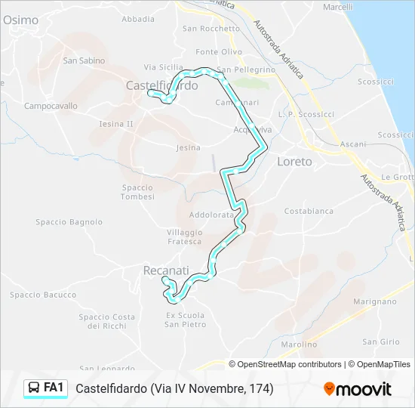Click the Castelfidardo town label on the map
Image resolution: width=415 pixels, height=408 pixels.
click(162, 85)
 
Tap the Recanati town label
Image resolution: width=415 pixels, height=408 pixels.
click(166, 270)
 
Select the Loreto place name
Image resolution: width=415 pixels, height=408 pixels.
click(294, 162)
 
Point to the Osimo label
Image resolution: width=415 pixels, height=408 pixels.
click(20, 21)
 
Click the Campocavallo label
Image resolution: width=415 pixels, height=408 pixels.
click(51, 107)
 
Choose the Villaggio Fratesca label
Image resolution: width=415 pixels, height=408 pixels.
click(185, 236)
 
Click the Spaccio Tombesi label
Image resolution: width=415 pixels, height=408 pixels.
click(137, 192)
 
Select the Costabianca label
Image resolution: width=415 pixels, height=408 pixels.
click(309, 212)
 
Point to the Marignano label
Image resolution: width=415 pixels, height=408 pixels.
click(374, 301)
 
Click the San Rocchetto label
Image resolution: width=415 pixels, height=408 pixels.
click(211, 29)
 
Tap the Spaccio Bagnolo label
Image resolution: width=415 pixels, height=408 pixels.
click(69, 222)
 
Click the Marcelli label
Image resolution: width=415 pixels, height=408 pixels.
click(337, 7)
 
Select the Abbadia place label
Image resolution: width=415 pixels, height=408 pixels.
click(138, 19)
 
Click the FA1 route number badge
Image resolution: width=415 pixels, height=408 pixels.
click(53, 388)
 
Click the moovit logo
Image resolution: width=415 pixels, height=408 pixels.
click(358, 389)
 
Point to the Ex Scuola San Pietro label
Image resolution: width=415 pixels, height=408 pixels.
click(186, 320)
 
